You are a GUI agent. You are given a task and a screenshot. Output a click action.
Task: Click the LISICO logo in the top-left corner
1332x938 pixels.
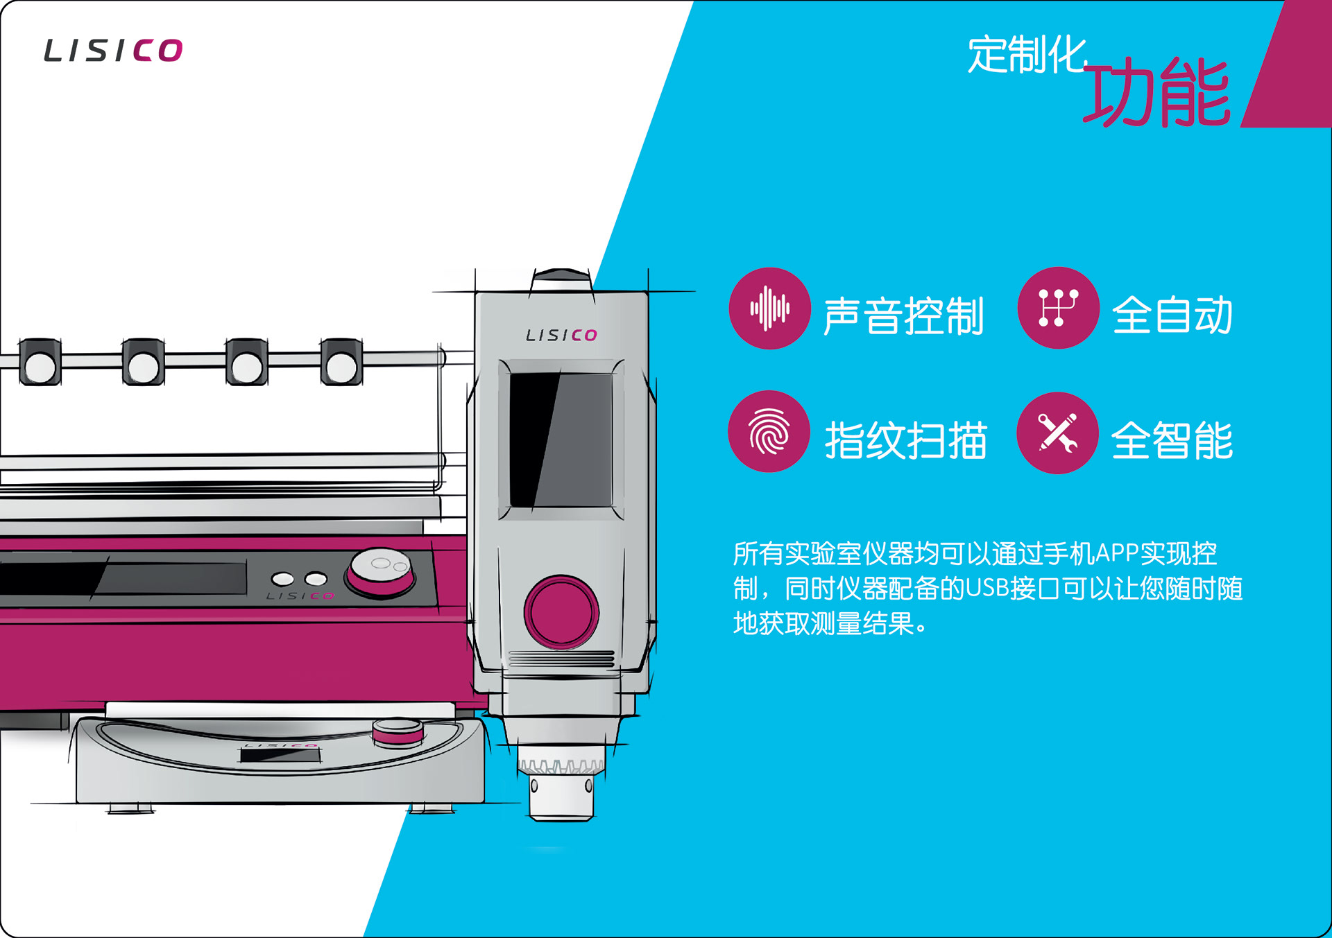click(x=113, y=51)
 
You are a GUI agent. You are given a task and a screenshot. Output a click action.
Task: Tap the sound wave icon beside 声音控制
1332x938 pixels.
click(x=769, y=309)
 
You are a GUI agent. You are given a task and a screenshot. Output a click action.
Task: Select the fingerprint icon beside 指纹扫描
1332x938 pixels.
click(x=769, y=432)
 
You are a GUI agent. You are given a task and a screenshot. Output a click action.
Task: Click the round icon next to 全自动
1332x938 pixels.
click(x=1058, y=308)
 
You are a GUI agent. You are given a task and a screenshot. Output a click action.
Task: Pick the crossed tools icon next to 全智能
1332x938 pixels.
click(x=1057, y=433)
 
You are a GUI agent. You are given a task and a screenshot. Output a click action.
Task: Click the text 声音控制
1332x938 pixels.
click(x=903, y=316)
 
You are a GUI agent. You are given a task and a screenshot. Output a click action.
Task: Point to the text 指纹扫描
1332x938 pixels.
click(x=905, y=440)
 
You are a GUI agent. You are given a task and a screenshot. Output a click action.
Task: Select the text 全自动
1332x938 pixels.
click(x=1172, y=315)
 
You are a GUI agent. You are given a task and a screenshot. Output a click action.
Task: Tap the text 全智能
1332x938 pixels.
click(x=1172, y=440)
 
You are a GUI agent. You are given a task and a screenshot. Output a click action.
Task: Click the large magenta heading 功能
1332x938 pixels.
click(x=1157, y=92)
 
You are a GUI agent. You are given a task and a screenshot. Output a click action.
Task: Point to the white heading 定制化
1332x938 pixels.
click(x=1027, y=55)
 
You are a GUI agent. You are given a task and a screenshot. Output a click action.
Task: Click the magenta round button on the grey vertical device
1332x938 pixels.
click(x=561, y=611)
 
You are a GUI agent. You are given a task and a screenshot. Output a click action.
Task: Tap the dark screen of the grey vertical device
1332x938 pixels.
click(x=561, y=440)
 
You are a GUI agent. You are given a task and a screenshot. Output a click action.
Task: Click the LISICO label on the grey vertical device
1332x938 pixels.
click(x=561, y=336)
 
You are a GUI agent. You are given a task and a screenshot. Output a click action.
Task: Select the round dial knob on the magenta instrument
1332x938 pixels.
click(x=381, y=570)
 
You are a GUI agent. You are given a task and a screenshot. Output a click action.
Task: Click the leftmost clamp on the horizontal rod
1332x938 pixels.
click(x=40, y=362)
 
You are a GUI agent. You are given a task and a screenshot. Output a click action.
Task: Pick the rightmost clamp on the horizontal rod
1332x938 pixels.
click(x=341, y=362)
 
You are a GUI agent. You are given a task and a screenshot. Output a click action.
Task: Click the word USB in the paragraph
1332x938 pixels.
click(x=987, y=589)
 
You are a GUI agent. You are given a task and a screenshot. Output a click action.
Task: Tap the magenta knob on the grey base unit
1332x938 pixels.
click(x=398, y=731)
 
